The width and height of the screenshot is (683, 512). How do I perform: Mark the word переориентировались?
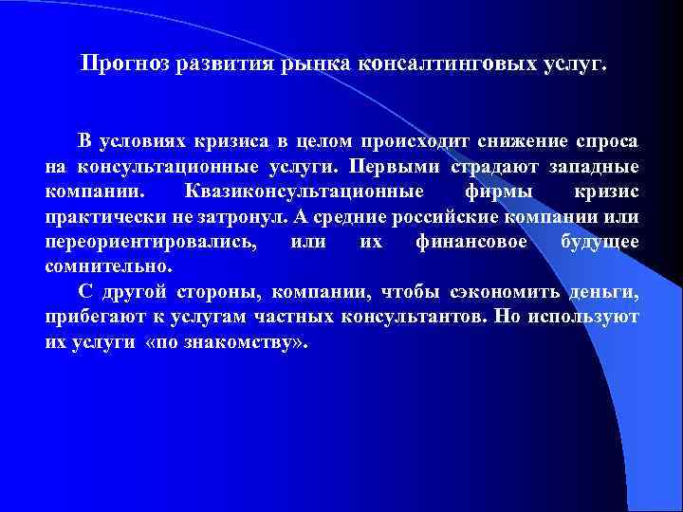150,242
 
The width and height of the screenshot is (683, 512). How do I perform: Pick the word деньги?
608,291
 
